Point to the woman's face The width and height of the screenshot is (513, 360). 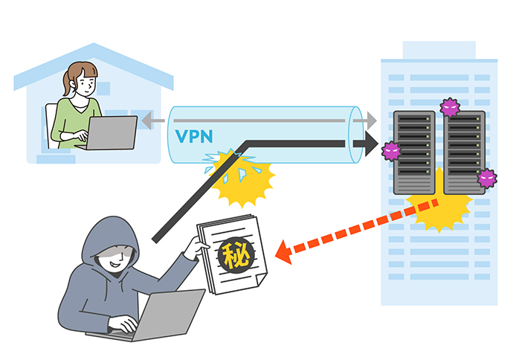point(84,82)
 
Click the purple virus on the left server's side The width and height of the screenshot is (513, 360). point(391,151)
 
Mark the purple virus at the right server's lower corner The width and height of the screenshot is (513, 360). point(487,178)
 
